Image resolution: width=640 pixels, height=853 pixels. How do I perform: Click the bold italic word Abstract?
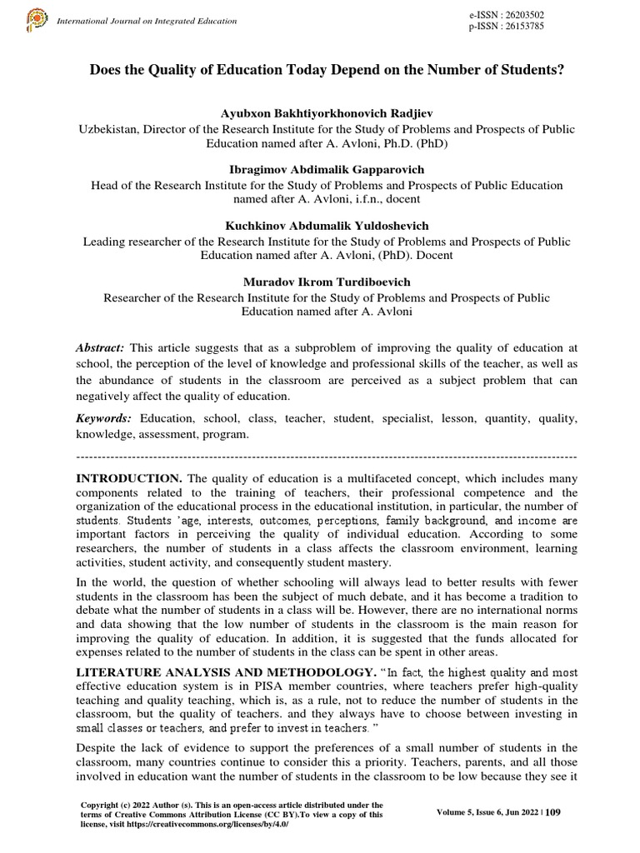click(100, 347)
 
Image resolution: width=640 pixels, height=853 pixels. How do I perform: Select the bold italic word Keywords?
click(104, 418)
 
